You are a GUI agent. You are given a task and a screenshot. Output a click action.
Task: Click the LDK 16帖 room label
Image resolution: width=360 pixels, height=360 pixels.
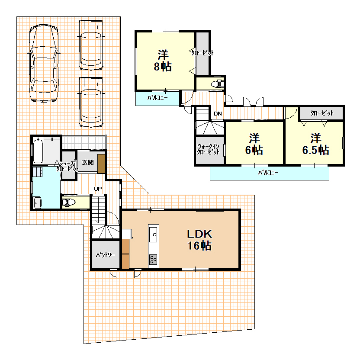click(x=199, y=240)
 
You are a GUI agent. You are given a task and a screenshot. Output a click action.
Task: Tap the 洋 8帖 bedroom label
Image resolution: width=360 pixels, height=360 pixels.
click(x=163, y=61)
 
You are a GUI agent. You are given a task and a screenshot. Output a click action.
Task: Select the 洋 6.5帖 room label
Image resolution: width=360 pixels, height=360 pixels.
click(x=316, y=144)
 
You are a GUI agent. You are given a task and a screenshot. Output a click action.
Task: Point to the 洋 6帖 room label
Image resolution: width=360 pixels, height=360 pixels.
click(x=254, y=144)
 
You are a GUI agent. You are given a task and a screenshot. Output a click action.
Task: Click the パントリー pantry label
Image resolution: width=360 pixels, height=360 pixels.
click(x=106, y=255)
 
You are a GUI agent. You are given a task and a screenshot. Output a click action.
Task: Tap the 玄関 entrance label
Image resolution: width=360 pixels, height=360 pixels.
click(x=88, y=162)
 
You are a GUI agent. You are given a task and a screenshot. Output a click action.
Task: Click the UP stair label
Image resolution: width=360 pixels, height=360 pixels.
click(x=98, y=189)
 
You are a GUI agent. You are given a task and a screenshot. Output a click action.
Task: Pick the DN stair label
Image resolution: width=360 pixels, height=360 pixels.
click(x=218, y=113)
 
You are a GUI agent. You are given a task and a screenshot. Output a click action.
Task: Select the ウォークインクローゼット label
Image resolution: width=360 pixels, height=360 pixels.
click(x=208, y=149)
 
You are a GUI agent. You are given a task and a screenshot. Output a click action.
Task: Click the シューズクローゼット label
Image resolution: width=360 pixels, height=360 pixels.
click(x=67, y=166)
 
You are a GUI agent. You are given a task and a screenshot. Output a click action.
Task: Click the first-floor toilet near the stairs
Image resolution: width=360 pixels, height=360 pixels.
click(x=69, y=202)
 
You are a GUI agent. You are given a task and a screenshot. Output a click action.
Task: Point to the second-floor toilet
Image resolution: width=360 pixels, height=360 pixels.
click(x=217, y=84)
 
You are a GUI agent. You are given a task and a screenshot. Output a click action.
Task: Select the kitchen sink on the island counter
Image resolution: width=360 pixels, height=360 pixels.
click(x=153, y=235)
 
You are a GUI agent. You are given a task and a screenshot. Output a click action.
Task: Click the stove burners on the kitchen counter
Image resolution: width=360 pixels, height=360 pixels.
click(x=153, y=260)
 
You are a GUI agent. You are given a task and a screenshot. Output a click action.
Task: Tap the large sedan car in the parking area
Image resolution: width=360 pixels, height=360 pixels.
click(x=44, y=63)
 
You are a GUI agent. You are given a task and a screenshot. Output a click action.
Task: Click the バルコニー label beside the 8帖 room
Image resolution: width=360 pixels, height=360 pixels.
click(x=157, y=98)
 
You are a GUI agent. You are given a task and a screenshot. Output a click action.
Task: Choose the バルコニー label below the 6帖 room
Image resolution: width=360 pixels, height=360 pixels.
click(x=268, y=172)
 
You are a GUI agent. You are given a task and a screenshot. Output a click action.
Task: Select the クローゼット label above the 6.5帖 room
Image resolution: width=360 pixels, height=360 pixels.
click(x=322, y=113)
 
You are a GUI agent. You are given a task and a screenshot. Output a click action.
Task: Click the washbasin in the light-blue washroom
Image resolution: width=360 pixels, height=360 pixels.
click(x=37, y=203)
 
